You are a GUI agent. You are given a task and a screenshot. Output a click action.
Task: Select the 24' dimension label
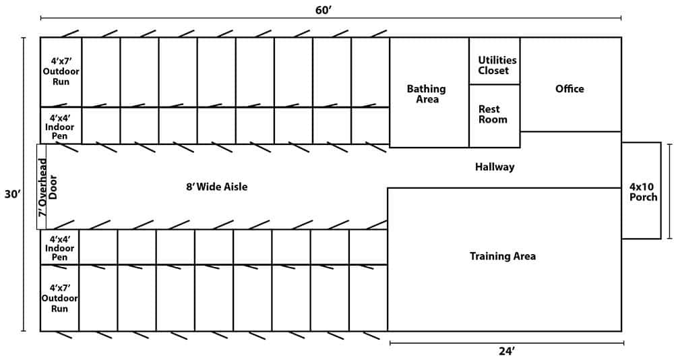point(506,351)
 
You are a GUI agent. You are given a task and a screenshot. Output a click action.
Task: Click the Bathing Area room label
point(427,94)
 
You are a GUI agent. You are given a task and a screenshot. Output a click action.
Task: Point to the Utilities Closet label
point(497,65)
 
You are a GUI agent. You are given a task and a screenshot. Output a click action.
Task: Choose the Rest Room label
point(493,114)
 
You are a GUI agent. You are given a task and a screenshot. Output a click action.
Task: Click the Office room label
point(570,89)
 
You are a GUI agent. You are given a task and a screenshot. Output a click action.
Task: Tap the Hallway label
point(494,167)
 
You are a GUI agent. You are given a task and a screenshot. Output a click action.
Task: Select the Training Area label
point(503,256)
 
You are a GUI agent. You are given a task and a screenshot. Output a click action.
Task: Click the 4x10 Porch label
point(643,191)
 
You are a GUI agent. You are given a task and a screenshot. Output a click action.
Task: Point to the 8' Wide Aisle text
point(217,187)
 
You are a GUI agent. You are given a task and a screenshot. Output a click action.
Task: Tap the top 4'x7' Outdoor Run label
point(61,71)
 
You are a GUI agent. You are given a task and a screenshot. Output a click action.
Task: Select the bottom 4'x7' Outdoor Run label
point(59,298)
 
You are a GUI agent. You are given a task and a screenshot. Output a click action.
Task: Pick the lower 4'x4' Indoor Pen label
point(59,247)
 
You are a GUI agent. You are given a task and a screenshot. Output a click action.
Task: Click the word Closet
point(494,70)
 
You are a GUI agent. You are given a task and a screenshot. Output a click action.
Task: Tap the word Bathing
point(427,88)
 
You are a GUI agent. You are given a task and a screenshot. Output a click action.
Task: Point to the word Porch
point(643,197)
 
